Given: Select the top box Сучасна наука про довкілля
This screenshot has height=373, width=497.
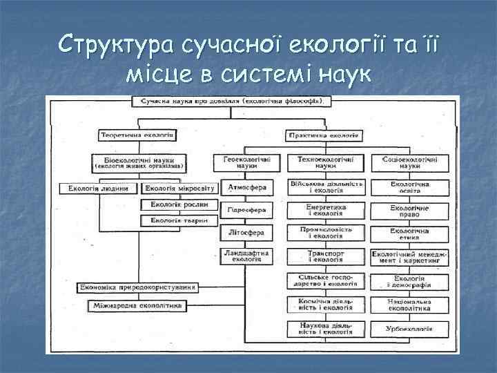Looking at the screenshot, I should tap(232, 102).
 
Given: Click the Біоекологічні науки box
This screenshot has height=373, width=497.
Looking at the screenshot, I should tap(139, 163).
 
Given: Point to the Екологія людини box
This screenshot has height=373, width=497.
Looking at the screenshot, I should tap(99, 188).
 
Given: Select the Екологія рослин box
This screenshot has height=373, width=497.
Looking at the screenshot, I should tap(180, 204).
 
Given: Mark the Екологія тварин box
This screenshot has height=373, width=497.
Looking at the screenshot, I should tap(180, 221).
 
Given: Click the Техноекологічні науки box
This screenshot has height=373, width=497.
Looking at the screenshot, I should tap(325, 163).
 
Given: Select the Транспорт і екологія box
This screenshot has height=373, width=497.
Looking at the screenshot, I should tap(325, 256).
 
